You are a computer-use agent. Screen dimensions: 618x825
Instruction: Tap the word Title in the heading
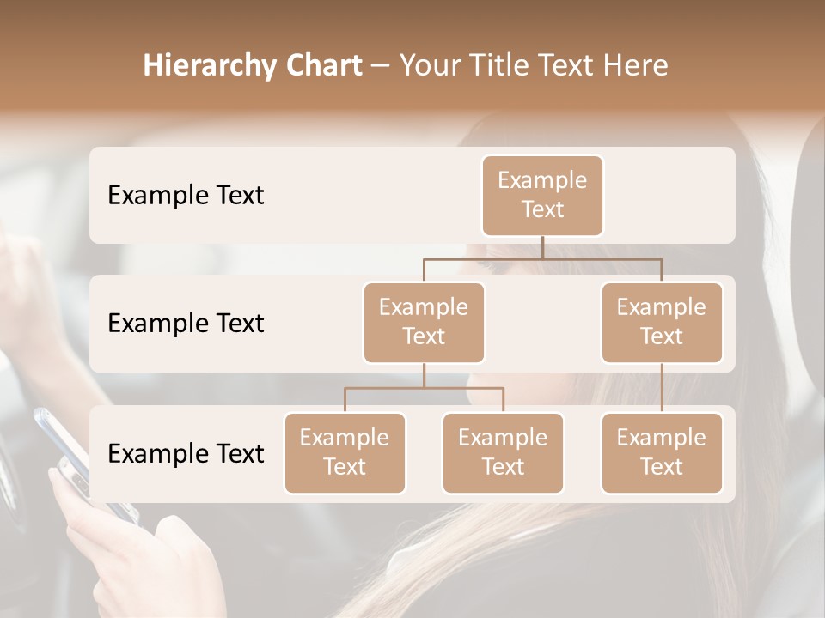(x=493, y=65)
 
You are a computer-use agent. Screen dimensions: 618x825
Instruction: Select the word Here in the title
(x=636, y=65)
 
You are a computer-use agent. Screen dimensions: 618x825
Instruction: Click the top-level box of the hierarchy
(x=542, y=195)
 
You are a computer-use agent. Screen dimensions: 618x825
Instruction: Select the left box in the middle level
(x=424, y=322)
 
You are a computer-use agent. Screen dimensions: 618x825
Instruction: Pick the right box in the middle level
(x=662, y=322)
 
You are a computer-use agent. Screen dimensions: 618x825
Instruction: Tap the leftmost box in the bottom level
(x=345, y=452)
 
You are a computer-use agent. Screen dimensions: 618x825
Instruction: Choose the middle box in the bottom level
(x=503, y=452)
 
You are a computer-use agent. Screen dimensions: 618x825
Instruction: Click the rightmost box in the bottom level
(x=662, y=452)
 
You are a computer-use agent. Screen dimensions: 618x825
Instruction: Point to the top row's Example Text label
(x=186, y=195)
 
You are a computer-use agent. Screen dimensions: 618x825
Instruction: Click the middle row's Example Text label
(x=186, y=323)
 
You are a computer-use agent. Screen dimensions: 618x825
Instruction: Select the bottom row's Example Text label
(x=186, y=453)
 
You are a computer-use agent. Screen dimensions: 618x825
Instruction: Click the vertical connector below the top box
(x=542, y=247)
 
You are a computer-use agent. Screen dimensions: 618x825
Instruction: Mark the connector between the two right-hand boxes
(x=662, y=387)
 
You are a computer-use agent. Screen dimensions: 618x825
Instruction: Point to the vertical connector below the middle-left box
(x=424, y=375)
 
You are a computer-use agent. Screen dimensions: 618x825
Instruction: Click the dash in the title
(x=380, y=65)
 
